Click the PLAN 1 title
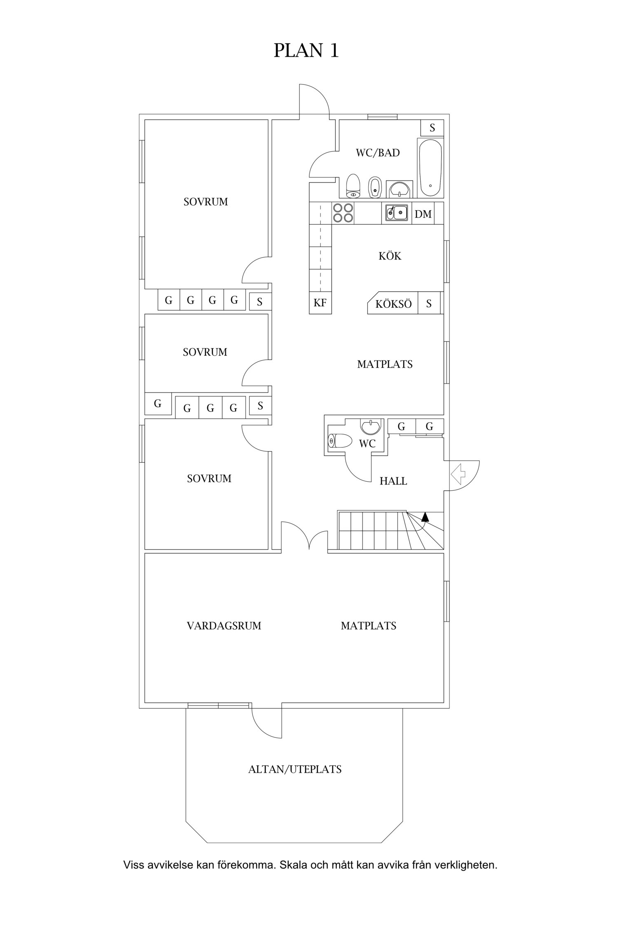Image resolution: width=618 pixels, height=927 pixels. (x=306, y=50)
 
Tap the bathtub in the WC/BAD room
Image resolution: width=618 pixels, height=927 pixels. (x=430, y=168)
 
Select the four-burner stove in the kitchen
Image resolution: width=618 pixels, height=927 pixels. (x=343, y=213)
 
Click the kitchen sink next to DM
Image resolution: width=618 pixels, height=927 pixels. (x=396, y=213)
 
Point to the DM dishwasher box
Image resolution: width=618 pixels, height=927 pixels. (x=423, y=213)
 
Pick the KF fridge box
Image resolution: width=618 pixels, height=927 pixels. (x=320, y=303)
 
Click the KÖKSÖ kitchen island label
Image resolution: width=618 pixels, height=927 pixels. (x=393, y=304)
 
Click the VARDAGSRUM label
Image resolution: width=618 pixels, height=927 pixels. (x=224, y=626)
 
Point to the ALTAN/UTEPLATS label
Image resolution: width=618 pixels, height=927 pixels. (x=295, y=769)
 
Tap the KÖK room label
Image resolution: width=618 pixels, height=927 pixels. (x=390, y=256)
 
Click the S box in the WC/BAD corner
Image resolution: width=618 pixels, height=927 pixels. (x=432, y=128)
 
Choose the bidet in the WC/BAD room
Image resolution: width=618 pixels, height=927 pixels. (x=375, y=188)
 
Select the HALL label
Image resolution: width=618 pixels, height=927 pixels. (x=393, y=481)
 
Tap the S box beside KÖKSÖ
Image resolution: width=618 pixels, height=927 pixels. (x=429, y=303)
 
